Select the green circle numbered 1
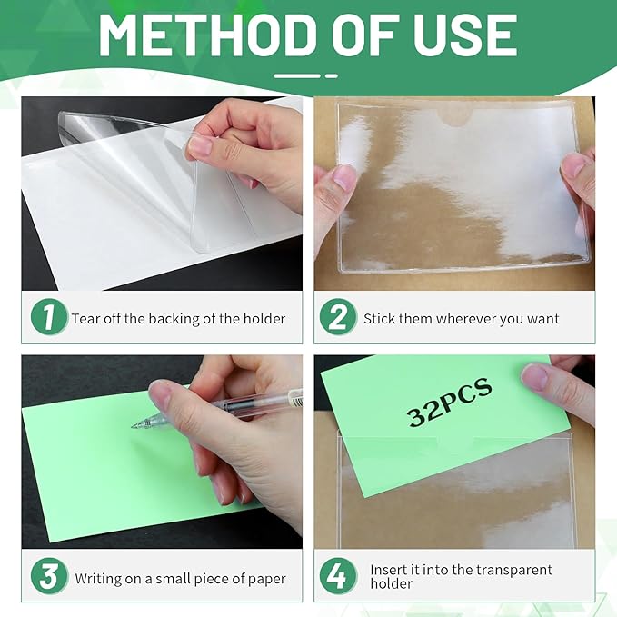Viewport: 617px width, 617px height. pos(49,317)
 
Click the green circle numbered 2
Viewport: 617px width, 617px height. pos(338,317)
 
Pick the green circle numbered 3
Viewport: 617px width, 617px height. pos(49,576)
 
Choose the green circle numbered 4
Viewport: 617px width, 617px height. pos(338,576)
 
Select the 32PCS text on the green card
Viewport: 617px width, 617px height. pos(450,403)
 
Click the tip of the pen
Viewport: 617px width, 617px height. pos(133,426)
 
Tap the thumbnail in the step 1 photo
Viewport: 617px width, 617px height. pos(201,145)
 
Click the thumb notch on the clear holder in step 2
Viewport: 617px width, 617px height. pos(455,117)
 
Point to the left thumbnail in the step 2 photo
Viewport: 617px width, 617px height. pos(344,178)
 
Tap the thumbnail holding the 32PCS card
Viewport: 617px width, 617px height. pos(534,376)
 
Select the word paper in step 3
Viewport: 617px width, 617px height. pos(267,580)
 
